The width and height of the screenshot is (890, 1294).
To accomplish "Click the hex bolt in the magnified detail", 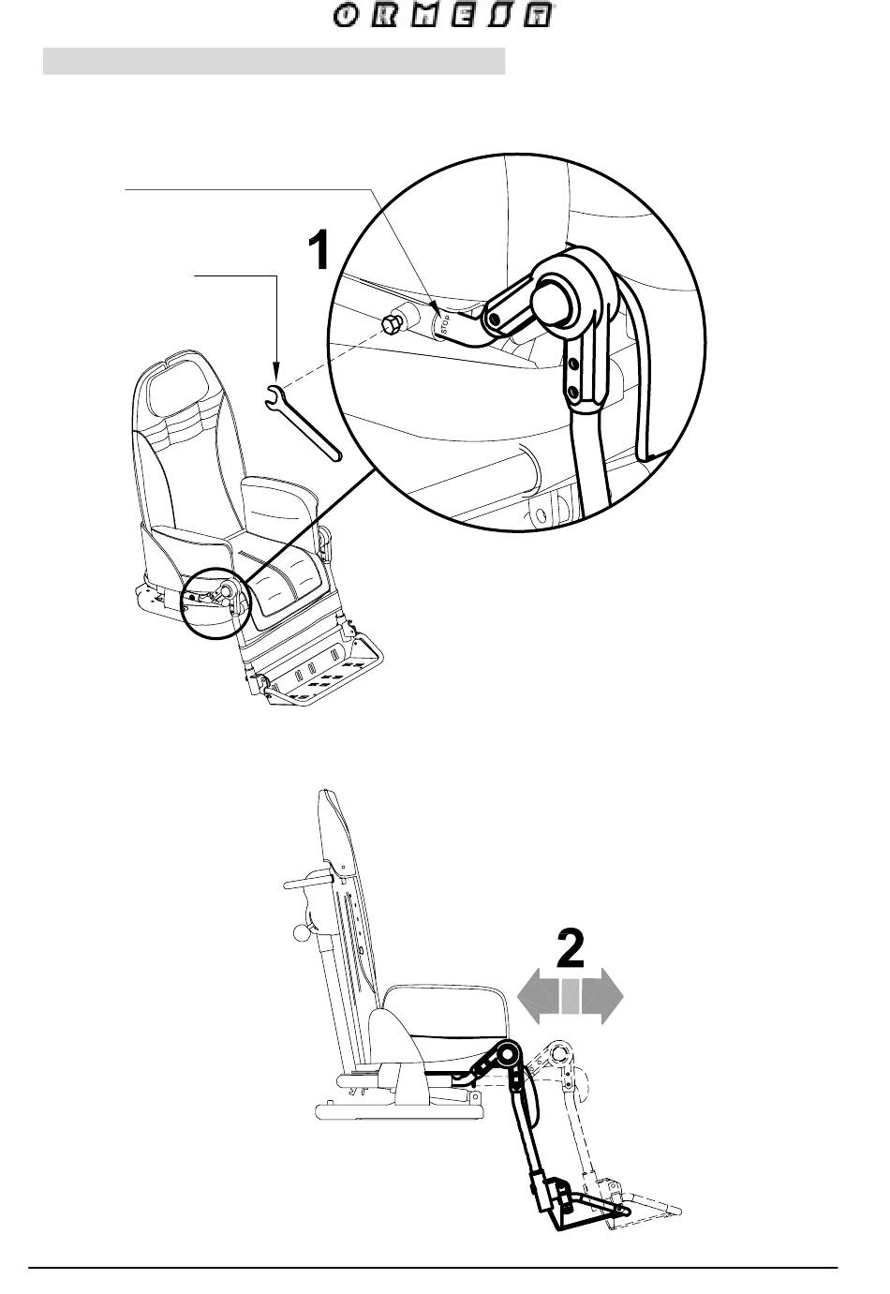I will [x=391, y=326].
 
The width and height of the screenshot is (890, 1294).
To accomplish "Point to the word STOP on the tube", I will [x=446, y=323].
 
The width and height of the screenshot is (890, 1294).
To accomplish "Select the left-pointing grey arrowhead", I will [x=538, y=996].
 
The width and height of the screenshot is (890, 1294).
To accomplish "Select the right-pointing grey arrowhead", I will [x=604, y=996].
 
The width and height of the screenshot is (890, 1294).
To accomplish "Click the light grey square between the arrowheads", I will [x=571, y=996].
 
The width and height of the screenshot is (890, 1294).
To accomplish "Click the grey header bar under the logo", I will [x=274, y=62].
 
